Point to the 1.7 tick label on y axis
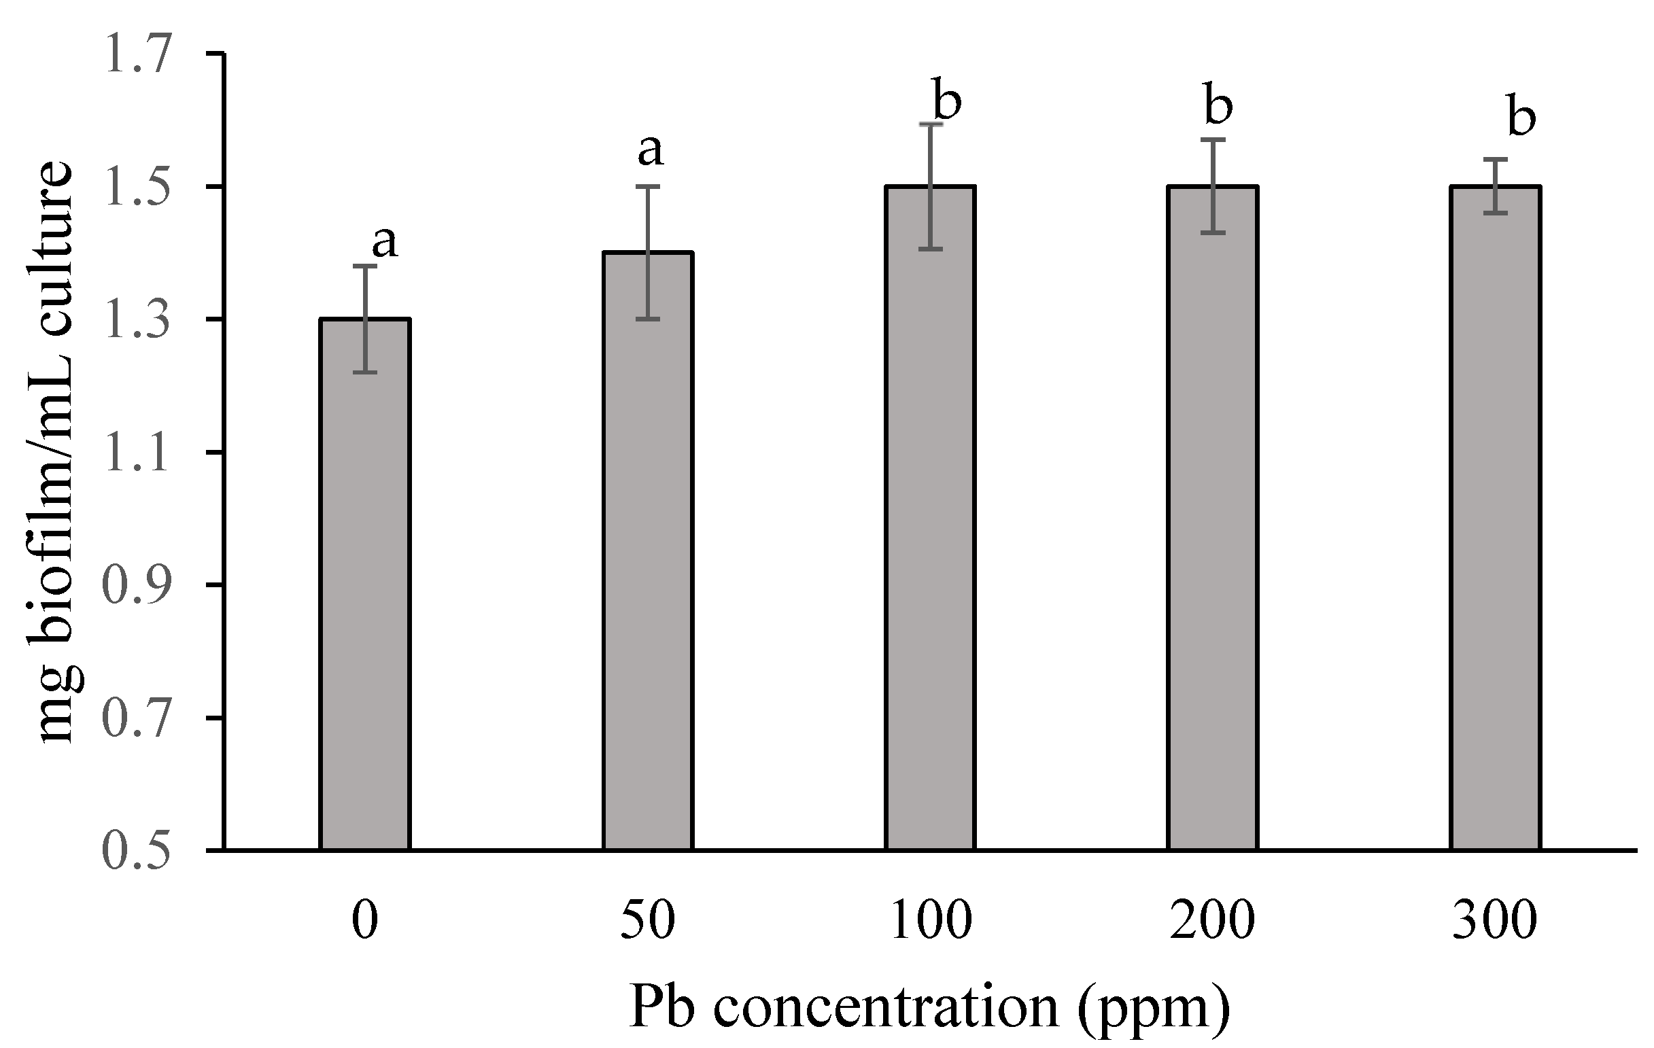point(135,54)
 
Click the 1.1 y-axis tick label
point(135,453)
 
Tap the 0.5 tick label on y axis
point(135,852)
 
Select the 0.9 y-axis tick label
point(135,586)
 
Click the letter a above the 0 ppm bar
point(385,242)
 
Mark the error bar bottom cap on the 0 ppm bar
point(366,372)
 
